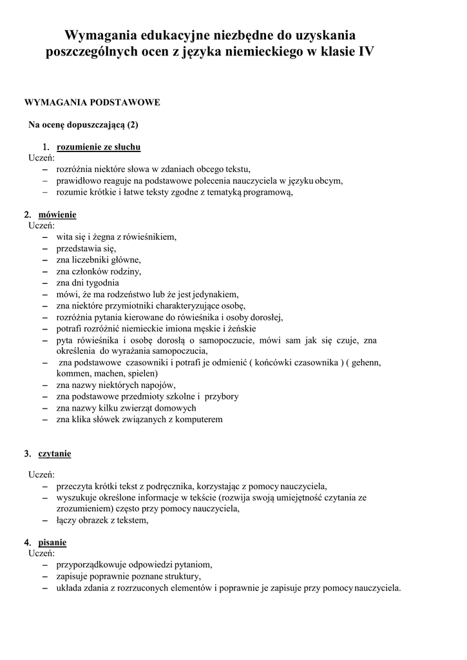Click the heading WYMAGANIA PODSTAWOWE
click(91, 102)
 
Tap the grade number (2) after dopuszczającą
click(133, 124)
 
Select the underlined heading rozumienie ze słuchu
click(99, 147)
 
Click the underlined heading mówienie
click(57, 214)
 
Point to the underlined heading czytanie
click(55, 454)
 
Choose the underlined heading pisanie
click(52, 542)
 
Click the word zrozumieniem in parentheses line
click(84, 509)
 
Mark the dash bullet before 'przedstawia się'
click(44, 248)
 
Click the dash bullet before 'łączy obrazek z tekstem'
click(44, 520)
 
